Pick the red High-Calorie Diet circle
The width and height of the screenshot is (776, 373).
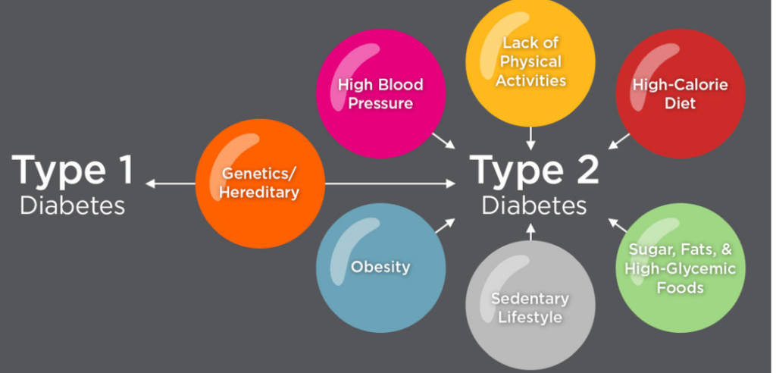point(680,93)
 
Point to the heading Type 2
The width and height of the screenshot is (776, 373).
point(535,170)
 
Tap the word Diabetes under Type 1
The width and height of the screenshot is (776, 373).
point(73,205)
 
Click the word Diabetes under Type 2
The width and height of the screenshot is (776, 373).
point(535,205)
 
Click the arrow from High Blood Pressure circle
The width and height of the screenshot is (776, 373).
point(443,141)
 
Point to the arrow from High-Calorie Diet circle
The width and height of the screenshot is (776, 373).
point(619,141)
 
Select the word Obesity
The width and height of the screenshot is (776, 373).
point(380,267)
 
